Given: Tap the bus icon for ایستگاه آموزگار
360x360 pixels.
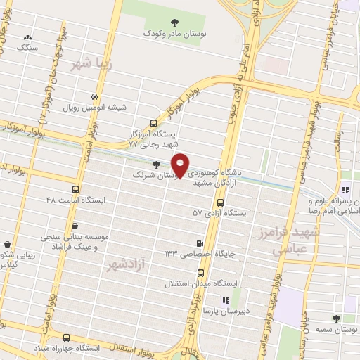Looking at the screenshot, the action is (155, 122).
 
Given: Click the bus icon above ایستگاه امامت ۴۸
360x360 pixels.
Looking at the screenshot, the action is (76, 190).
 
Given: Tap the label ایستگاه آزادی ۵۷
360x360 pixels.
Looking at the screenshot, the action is (222, 212).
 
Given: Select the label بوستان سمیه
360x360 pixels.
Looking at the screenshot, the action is (338, 330).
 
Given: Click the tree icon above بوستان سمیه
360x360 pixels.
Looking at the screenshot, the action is (338, 319).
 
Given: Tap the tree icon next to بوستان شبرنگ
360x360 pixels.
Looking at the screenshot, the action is (155, 165).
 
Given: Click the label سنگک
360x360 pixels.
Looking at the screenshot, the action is (27, 48).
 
